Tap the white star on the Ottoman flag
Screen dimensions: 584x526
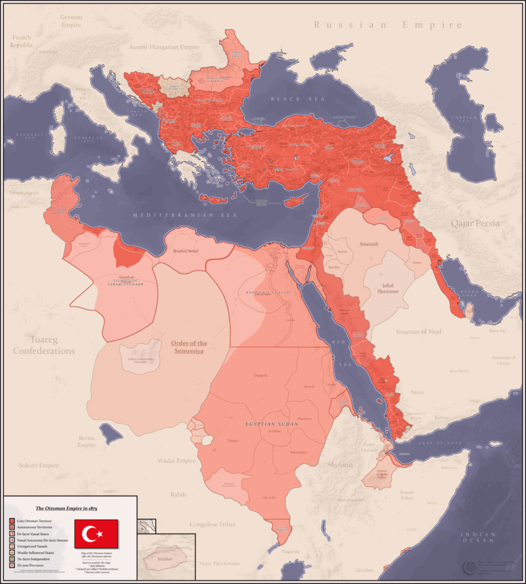coord(100,534)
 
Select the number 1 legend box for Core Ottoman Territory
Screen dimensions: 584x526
coord(11,521)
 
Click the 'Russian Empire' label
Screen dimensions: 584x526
coord(388,25)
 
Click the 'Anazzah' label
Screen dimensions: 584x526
coord(369,244)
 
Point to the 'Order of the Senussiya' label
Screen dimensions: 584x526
coord(189,347)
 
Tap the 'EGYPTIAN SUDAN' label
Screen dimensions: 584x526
coord(272,424)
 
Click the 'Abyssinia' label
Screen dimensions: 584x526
coord(340,465)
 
